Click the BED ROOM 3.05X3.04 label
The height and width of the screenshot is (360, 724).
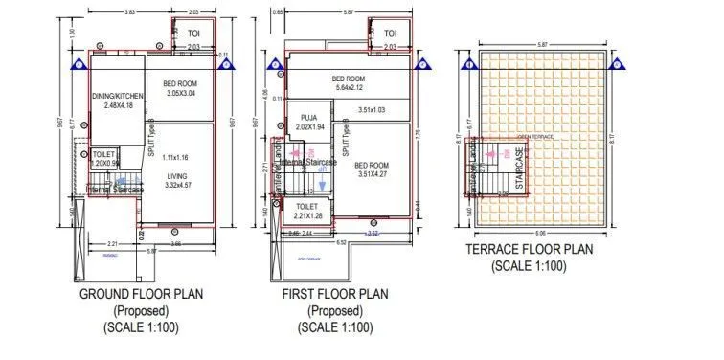(180, 89)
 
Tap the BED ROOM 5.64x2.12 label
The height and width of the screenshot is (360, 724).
(349, 83)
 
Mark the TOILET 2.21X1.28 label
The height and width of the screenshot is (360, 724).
(307, 212)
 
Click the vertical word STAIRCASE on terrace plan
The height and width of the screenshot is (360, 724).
(520, 169)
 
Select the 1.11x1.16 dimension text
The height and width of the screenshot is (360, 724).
(177, 157)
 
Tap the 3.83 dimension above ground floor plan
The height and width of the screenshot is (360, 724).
(129, 12)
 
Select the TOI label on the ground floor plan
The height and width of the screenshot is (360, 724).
(192, 34)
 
